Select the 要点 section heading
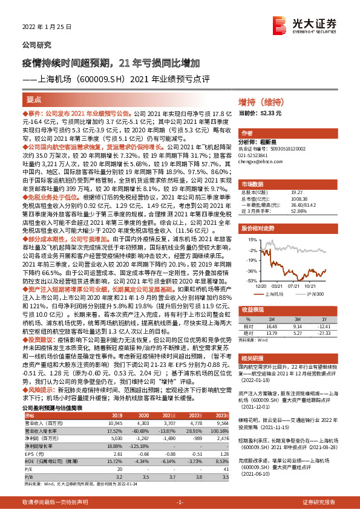(x=34, y=99)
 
